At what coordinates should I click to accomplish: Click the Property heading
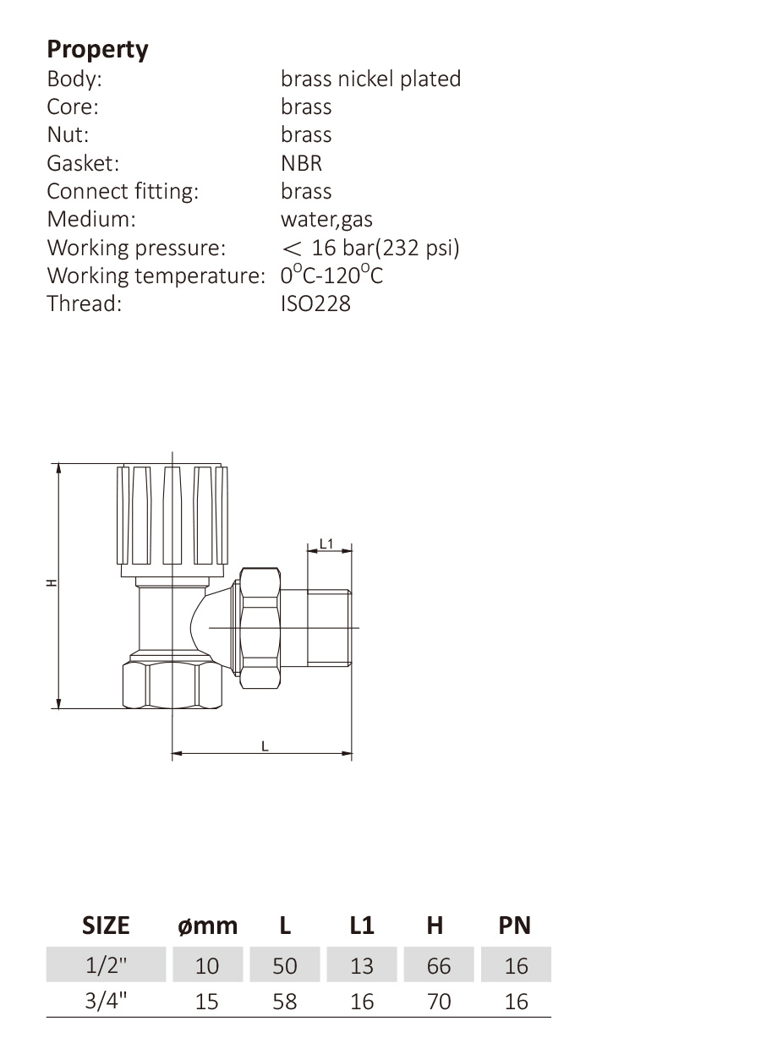pyautogui.click(x=98, y=50)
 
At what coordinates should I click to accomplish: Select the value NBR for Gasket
pyautogui.click(x=301, y=163)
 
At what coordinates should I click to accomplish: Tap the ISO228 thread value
pyautogui.click(x=315, y=303)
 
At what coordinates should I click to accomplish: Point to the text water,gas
pyautogui.click(x=326, y=219)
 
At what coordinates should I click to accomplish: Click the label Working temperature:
pyautogui.click(x=156, y=276)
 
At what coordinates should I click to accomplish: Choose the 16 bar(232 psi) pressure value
pyautogui.click(x=386, y=248)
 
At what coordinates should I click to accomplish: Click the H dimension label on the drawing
pyautogui.click(x=52, y=582)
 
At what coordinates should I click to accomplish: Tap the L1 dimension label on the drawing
pyautogui.click(x=326, y=543)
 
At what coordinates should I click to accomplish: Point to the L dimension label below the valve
pyautogui.click(x=265, y=746)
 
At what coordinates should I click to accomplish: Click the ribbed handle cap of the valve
pyautogui.click(x=172, y=521)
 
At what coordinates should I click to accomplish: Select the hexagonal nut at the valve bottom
pyautogui.click(x=172, y=685)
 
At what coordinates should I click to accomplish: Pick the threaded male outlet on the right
pyautogui.click(x=329, y=628)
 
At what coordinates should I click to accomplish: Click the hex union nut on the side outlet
pyautogui.click(x=260, y=628)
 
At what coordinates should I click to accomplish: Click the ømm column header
pyautogui.click(x=208, y=926)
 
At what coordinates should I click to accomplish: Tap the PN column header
pyautogui.click(x=515, y=926)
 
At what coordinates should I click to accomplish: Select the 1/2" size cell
pyautogui.click(x=107, y=966)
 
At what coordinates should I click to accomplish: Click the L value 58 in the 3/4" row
pyautogui.click(x=285, y=1002)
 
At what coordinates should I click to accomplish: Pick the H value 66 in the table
pyautogui.click(x=439, y=966)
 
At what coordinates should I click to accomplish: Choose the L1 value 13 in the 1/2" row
pyautogui.click(x=361, y=966)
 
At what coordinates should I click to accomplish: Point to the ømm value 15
pyautogui.click(x=207, y=1002)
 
